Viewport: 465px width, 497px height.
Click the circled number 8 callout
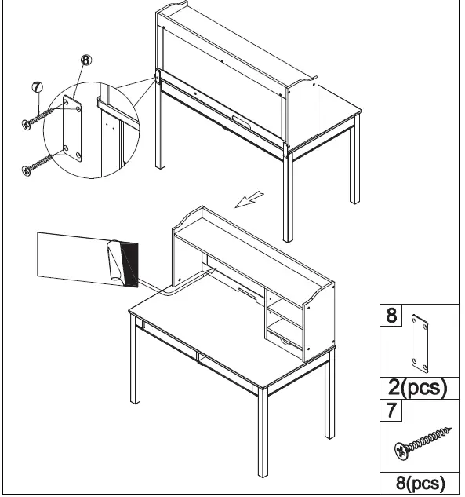[x=86, y=60]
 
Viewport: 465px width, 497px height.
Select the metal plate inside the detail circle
[x=72, y=127]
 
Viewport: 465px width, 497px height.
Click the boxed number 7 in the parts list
[x=392, y=410]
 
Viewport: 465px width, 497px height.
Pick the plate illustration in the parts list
[x=423, y=345]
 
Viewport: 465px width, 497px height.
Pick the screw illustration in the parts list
[x=423, y=444]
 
